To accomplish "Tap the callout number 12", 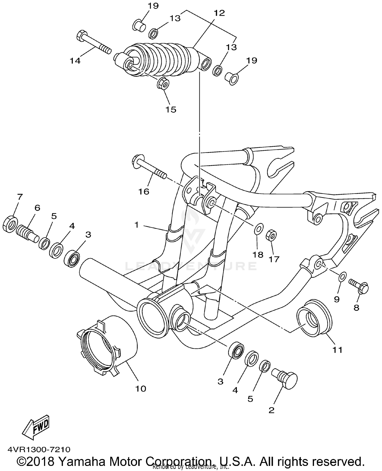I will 219,13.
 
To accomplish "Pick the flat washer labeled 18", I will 259,229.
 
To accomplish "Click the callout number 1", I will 137,225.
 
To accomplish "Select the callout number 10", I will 141,389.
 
